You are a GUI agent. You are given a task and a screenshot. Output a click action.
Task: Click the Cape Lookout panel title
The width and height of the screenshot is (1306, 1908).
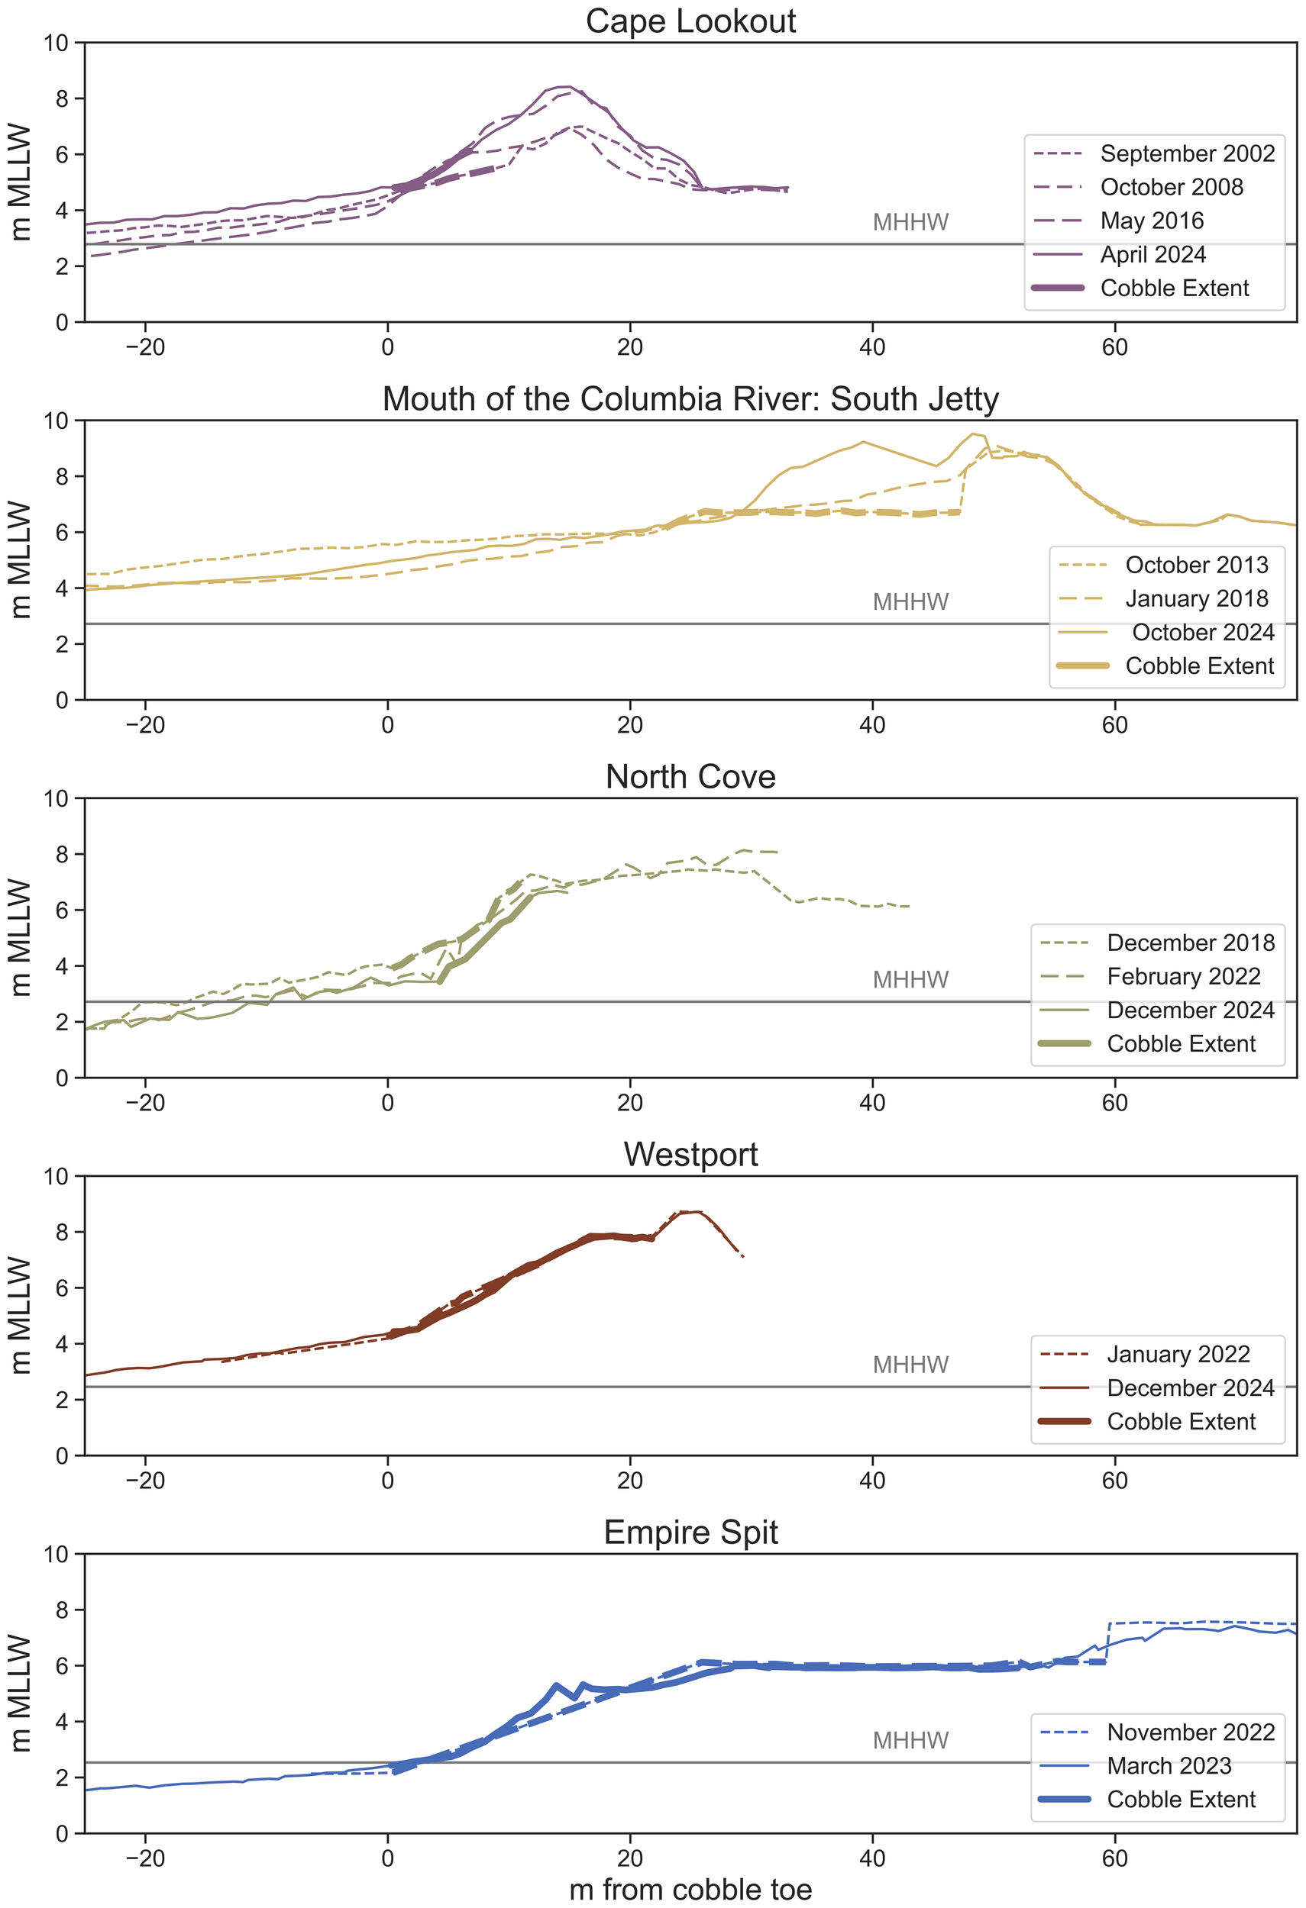(690, 21)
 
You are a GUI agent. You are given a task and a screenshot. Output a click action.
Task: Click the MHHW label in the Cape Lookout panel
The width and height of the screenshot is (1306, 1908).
(910, 223)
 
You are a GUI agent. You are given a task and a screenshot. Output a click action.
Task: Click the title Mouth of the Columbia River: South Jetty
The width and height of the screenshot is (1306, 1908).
(690, 399)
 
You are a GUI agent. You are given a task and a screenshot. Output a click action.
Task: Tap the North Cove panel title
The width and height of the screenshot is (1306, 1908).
(690, 777)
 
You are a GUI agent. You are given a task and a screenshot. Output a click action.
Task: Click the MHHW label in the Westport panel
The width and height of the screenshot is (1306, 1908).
(910, 1365)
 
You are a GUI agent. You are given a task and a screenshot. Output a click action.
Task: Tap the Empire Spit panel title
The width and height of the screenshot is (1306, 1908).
(690, 1533)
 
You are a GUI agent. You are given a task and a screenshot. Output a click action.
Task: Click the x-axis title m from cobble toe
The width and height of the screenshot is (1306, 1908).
(690, 1889)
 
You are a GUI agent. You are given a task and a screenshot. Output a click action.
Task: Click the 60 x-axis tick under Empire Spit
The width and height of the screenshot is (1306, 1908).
(1114, 1858)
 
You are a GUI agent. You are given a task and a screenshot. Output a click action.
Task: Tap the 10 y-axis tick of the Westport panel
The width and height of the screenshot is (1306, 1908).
(57, 1177)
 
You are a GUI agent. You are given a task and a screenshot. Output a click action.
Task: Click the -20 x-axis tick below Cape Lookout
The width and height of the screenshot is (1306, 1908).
(145, 347)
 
